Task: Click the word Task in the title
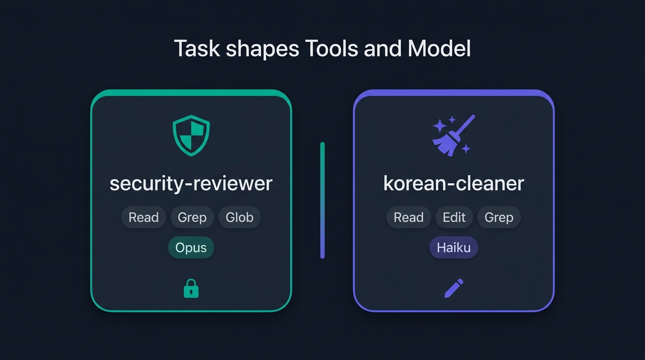click(x=197, y=48)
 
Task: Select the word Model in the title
click(x=439, y=48)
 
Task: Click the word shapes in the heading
click(x=262, y=49)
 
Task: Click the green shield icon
click(x=191, y=135)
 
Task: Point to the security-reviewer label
click(x=191, y=184)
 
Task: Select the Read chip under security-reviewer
click(x=144, y=217)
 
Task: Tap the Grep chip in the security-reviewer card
click(x=192, y=217)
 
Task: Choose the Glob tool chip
click(x=240, y=217)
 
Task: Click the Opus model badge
click(x=191, y=247)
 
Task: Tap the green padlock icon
click(x=191, y=288)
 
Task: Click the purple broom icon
click(x=454, y=135)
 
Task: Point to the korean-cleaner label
click(x=454, y=183)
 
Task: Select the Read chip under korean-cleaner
click(x=409, y=217)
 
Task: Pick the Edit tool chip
click(x=454, y=217)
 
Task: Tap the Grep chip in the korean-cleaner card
click(x=499, y=217)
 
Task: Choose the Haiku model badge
click(x=454, y=247)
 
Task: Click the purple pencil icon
click(x=454, y=288)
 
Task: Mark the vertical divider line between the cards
click(x=322, y=201)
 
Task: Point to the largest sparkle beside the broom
click(x=440, y=126)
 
